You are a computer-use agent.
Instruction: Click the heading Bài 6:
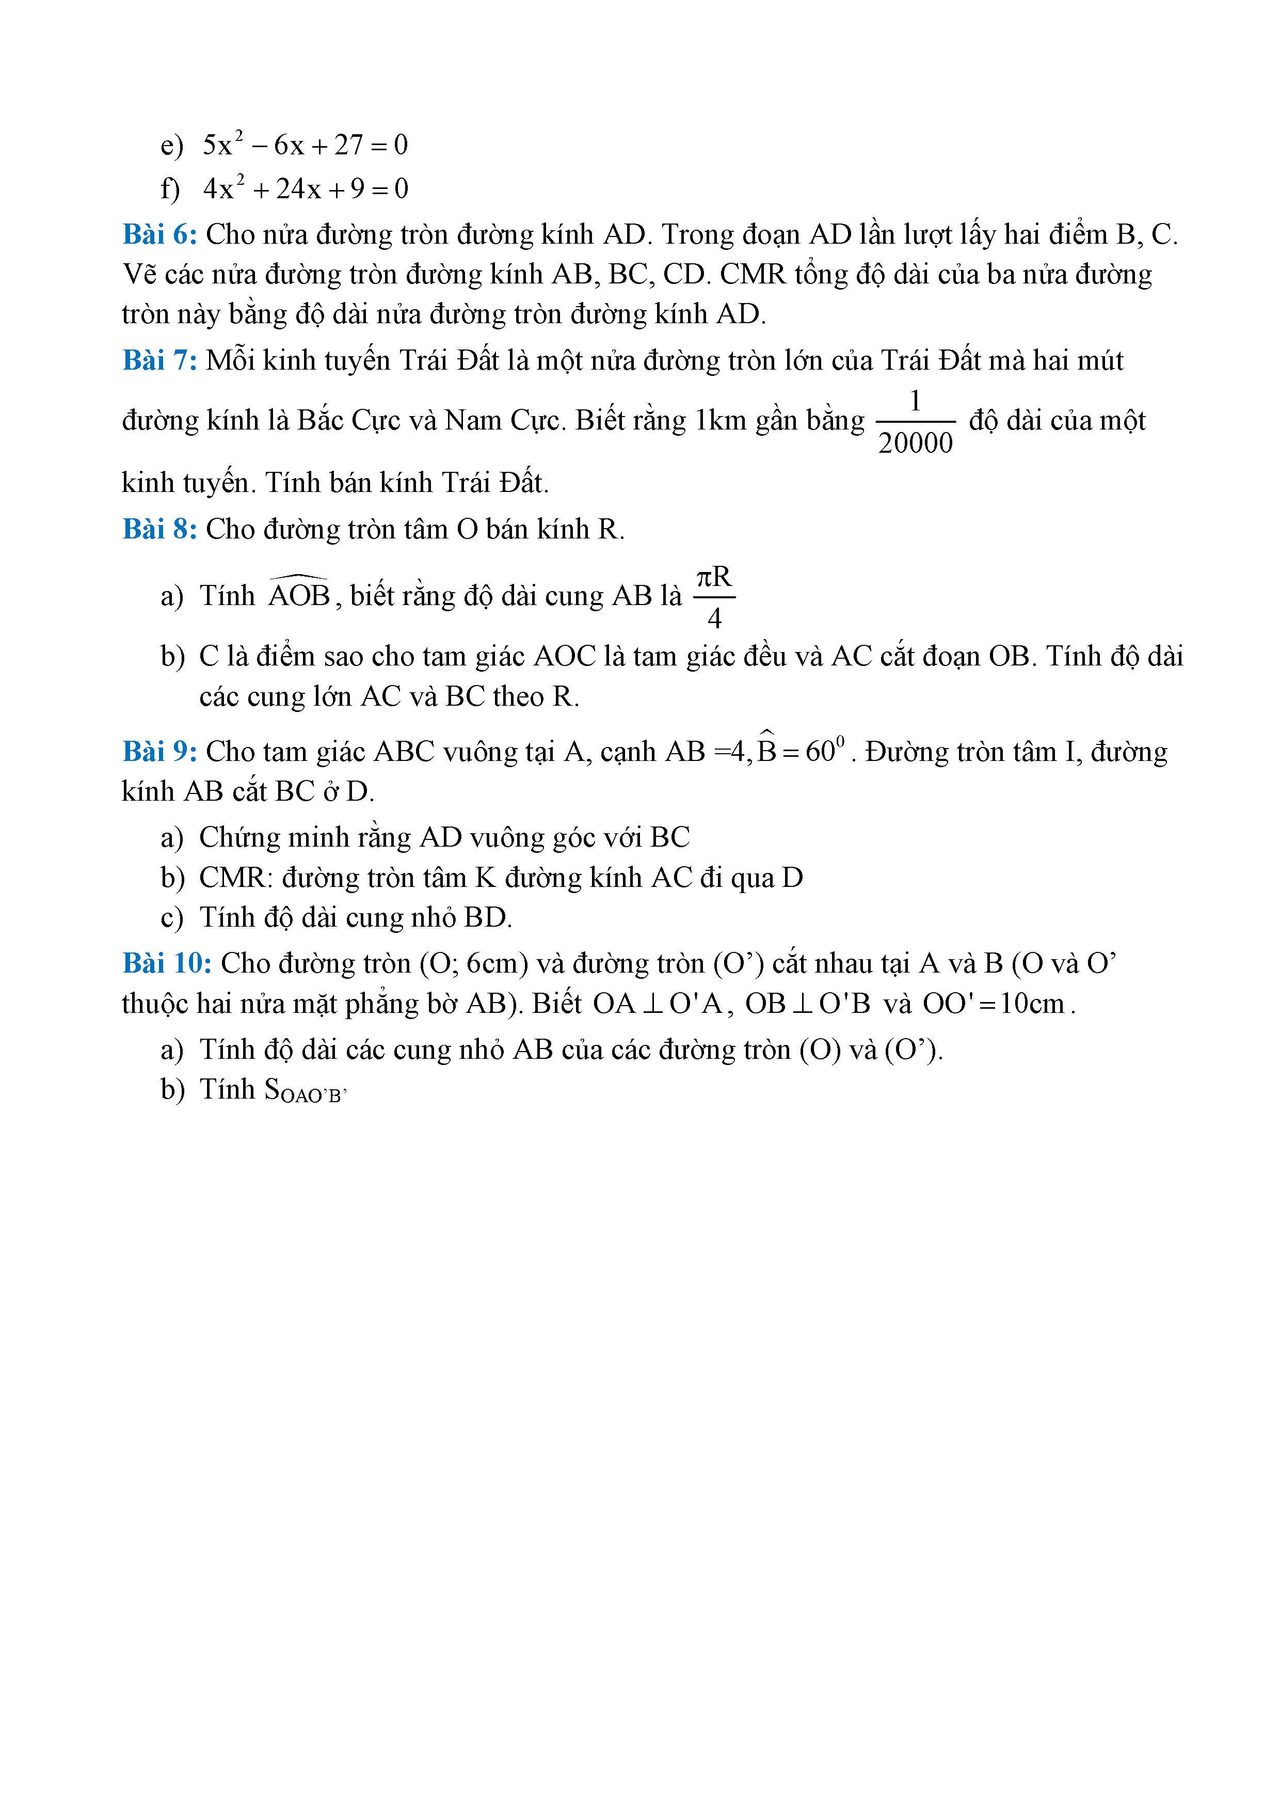[x=159, y=234]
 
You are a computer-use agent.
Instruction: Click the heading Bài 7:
[x=159, y=360]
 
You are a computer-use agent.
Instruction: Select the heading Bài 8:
[x=159, y=529]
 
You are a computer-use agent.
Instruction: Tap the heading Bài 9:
[x=159, y=751]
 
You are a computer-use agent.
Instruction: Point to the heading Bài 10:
[x=166, y=963]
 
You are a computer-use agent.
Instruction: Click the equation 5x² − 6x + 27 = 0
[x=305, y=145]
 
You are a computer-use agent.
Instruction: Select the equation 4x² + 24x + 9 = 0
[x=305, y=188]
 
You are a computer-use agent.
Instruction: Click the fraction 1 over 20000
[x=915, y=422]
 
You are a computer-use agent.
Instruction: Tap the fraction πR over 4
[x=714, y=596]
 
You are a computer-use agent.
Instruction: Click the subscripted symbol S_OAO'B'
[x=305, y=1091]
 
